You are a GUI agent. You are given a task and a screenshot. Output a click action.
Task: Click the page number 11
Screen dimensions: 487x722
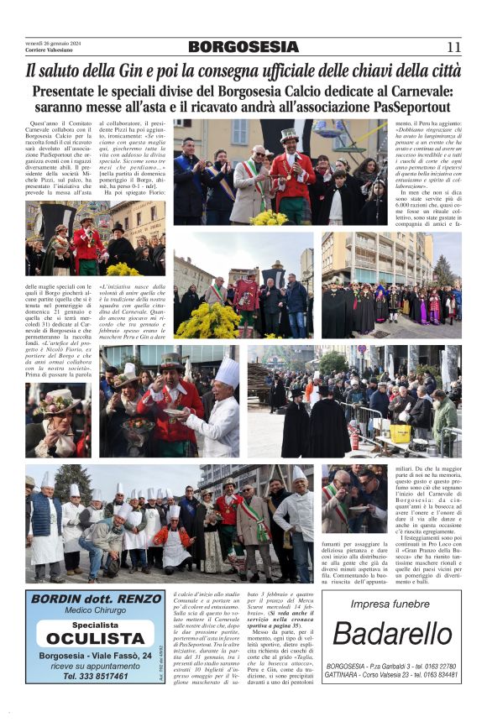(453, 47)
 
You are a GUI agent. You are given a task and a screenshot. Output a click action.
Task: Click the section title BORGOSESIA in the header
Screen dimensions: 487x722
(243, 47)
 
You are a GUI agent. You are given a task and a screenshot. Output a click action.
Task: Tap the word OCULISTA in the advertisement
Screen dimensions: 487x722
(96, 638)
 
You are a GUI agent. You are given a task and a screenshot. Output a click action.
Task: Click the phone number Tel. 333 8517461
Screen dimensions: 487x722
(95, 675)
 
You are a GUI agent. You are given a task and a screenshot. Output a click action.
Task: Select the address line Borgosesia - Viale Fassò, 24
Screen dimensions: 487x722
(95, 656)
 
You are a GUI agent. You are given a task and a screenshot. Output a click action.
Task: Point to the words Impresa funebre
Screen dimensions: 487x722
(390, 603)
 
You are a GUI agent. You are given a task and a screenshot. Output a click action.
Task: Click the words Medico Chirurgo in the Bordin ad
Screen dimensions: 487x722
(95, 613)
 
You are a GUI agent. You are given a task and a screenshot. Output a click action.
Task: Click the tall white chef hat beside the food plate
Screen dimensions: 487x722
(227, 372)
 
